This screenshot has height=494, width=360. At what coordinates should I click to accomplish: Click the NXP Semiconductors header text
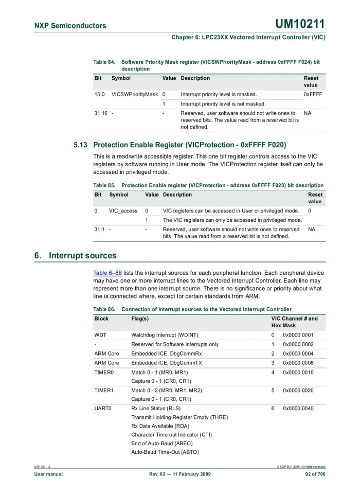(70, 26)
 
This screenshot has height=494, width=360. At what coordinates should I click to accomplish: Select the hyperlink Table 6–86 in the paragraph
(107, 272)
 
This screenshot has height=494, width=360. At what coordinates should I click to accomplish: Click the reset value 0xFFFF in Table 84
(313, 95)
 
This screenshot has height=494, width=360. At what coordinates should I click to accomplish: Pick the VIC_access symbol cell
(123, 211)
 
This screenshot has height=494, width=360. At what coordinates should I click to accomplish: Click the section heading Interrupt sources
(82, 256)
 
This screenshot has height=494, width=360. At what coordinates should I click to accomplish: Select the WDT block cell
(100, 335)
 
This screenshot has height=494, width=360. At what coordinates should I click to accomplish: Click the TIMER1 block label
(103, 390)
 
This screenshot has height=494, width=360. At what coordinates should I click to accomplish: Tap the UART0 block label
(103, 408)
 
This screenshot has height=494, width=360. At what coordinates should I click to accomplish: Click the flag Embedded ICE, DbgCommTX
(167, 363)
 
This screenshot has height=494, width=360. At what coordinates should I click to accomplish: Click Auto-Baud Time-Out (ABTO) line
(165, 452)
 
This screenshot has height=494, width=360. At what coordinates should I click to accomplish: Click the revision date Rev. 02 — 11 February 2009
(179, 474)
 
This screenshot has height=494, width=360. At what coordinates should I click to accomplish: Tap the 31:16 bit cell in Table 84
(101, 113)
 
